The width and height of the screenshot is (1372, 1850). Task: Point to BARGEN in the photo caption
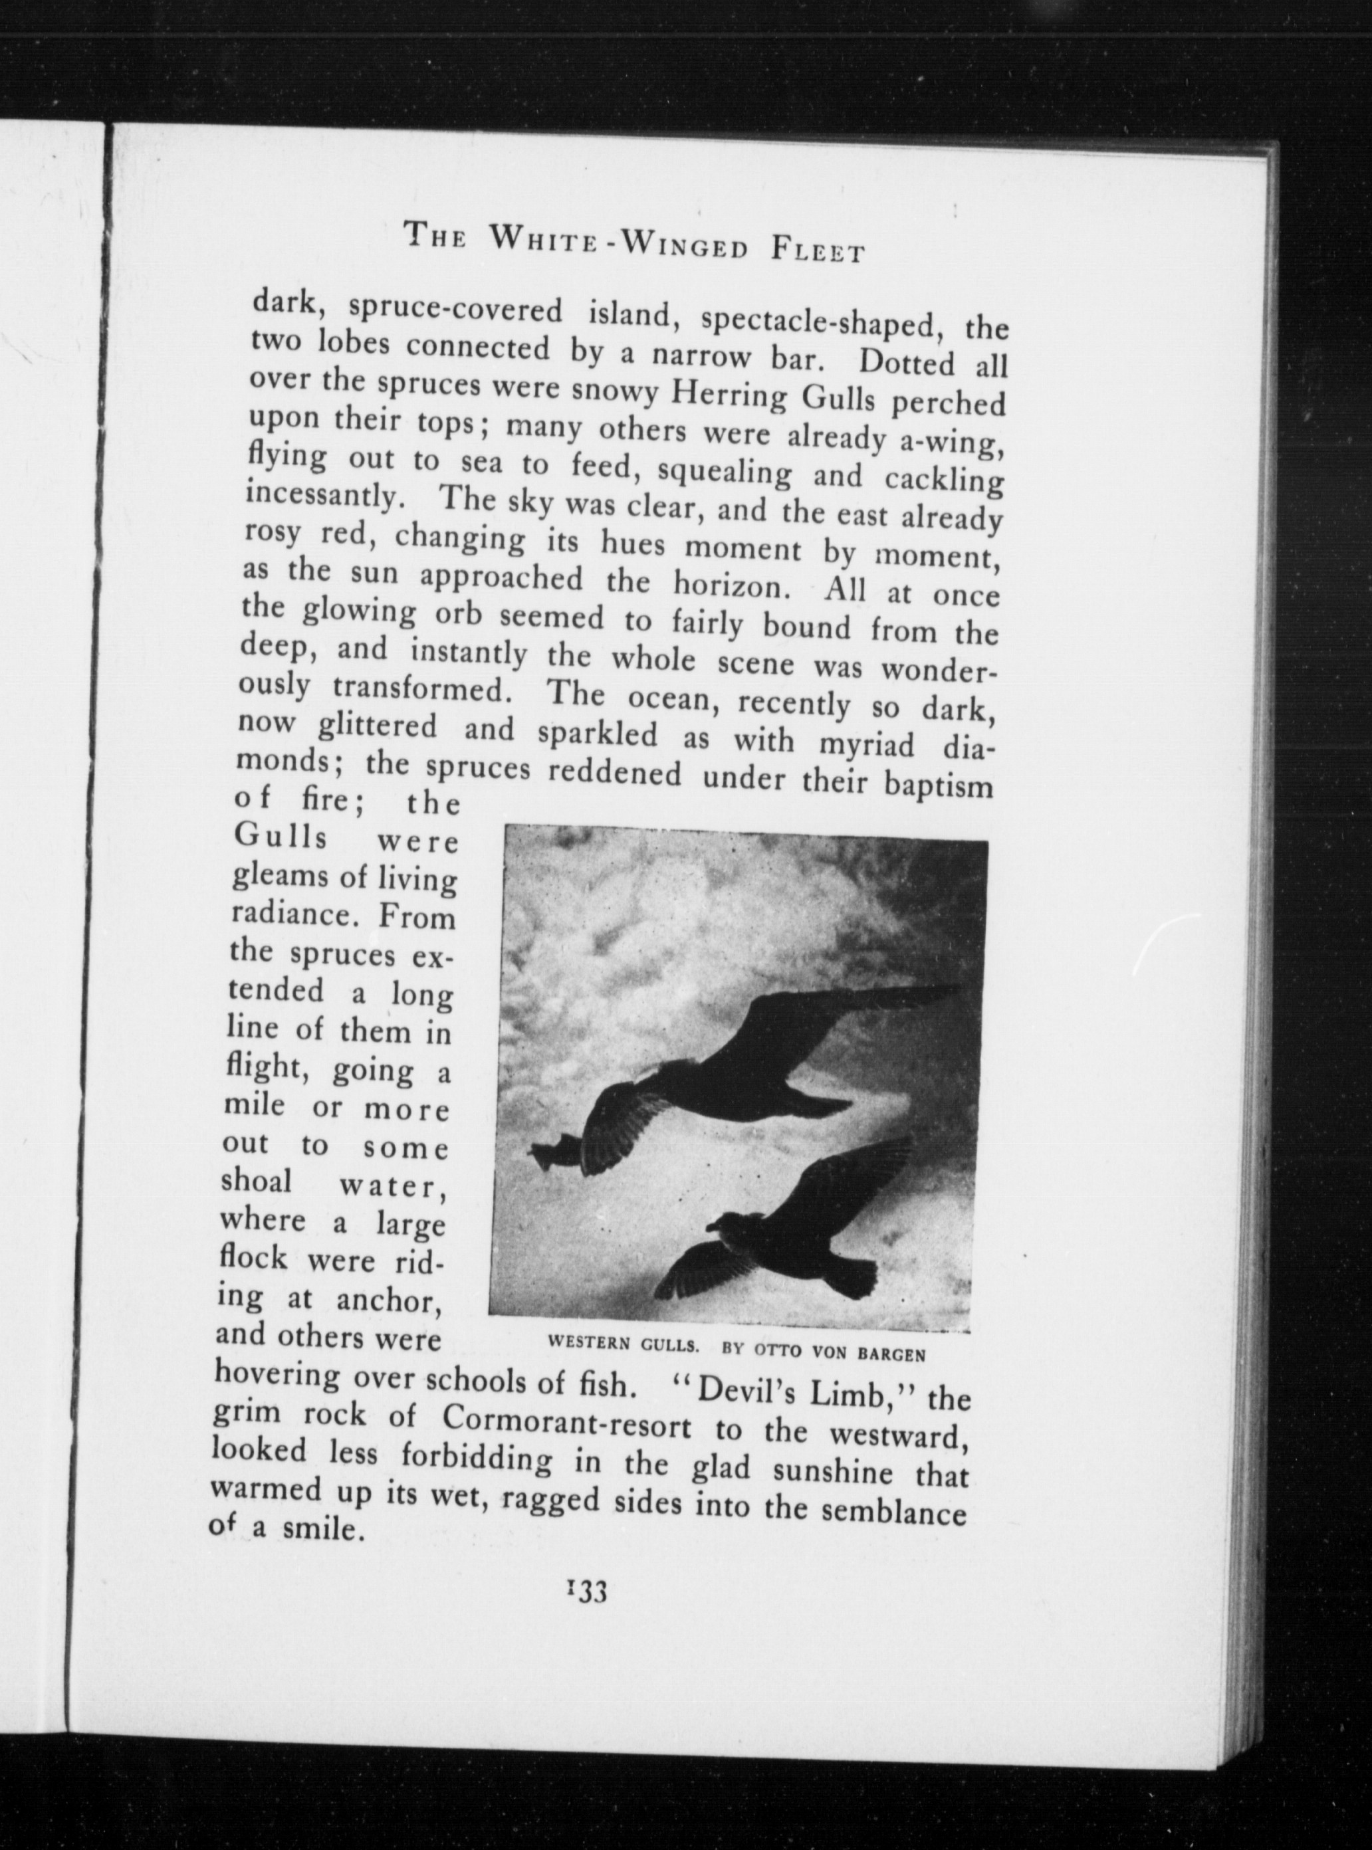coord(891,1354)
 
